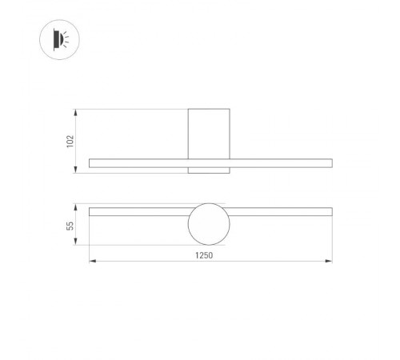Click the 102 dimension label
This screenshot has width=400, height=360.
tap(70, 140)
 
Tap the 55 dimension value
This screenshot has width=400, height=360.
tap(70, 226)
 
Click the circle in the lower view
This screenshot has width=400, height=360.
tap(210, 224)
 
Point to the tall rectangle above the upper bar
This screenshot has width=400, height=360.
tap(210, 133)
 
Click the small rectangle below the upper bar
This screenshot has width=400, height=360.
tap(210, 170)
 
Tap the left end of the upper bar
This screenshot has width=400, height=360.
tap(91, 163)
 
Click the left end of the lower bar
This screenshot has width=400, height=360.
tap(91, 212)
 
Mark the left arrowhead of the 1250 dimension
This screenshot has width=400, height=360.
tap(90, 261)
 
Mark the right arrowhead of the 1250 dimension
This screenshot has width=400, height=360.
tap(330, 261)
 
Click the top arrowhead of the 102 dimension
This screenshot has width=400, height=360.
tap(76, 110)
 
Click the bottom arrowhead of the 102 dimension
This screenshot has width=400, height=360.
tap(76, 171)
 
